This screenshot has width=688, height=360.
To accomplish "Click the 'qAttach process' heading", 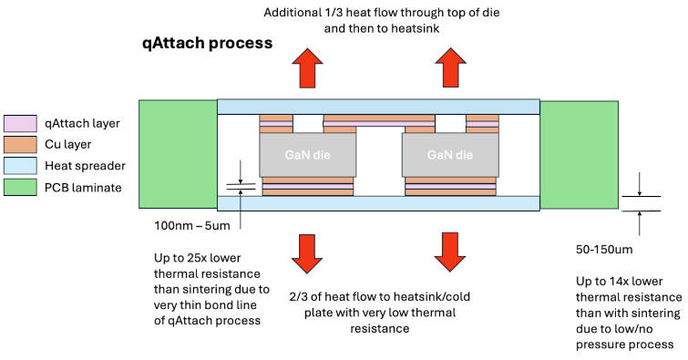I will [x=208, y=43].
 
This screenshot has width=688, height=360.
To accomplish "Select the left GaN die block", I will [x=295, y=156].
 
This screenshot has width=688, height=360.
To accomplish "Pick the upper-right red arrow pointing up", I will [x=447, y=67].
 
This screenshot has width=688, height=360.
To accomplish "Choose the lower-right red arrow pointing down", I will [x=447, y=252].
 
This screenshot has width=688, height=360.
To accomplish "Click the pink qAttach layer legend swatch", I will [x=18, y=123].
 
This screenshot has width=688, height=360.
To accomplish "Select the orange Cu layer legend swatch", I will [x=18, y=145].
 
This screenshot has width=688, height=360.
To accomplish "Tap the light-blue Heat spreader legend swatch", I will [x=18, y=166].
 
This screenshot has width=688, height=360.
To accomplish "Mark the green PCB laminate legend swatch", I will [x=18, y=188].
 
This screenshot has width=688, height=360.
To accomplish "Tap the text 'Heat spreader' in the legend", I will [x=85, y=167].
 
